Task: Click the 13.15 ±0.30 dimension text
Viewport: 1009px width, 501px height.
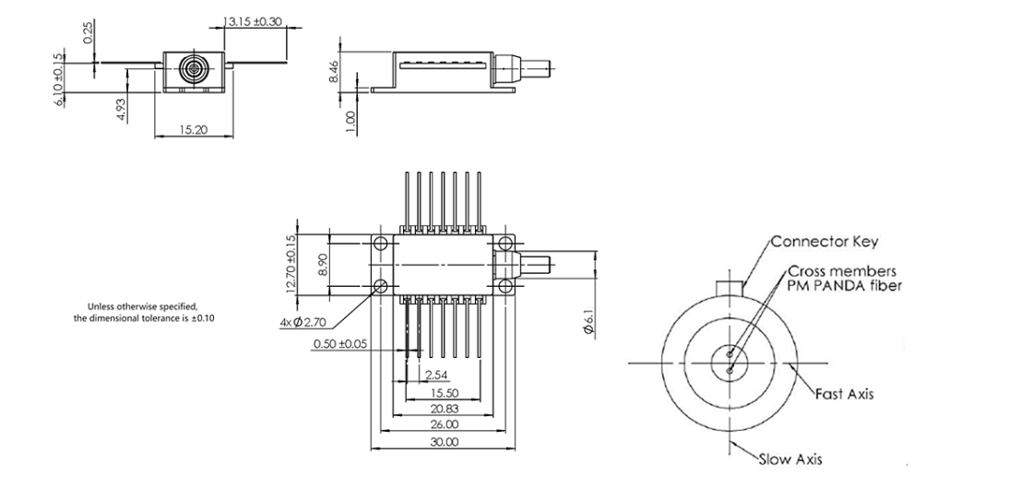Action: [x=253, y=21]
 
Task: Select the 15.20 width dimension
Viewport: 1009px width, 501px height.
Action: [x=193, y=129]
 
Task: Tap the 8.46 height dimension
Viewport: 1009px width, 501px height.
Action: [x=333, y=70]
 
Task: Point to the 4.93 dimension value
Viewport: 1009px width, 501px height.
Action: [x=121, y=109]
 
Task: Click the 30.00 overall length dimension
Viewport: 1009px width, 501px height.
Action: [x=445, y=442]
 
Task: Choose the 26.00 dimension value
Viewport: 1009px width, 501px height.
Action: [x=445, y=425]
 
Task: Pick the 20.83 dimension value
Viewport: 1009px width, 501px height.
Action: [x=445, y=409]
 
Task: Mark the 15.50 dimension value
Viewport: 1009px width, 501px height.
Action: [x=445, y=393]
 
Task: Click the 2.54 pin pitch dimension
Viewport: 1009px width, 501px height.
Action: [x=437, y=376]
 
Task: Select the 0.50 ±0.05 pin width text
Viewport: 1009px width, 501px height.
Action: [x=339, y=344]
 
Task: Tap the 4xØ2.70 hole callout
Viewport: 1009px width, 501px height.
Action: [x=303, y=323]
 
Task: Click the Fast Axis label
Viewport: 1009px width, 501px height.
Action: [x=844, y=393]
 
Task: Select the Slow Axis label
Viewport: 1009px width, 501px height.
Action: [x=790, y=459]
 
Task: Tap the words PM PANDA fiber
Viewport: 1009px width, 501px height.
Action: [x=844, y=284]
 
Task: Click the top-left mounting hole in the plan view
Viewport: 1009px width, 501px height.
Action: [x=380, y=245]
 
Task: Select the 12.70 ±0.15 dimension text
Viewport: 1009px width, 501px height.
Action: [x=291, y=265]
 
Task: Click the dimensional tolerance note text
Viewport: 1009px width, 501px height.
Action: [x=144, y=313]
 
